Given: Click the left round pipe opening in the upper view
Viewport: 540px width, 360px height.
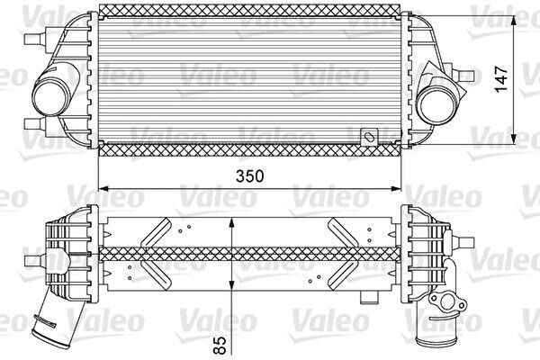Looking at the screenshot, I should point(47,92).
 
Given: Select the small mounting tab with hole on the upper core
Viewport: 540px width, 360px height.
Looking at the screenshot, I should point(367,138).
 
